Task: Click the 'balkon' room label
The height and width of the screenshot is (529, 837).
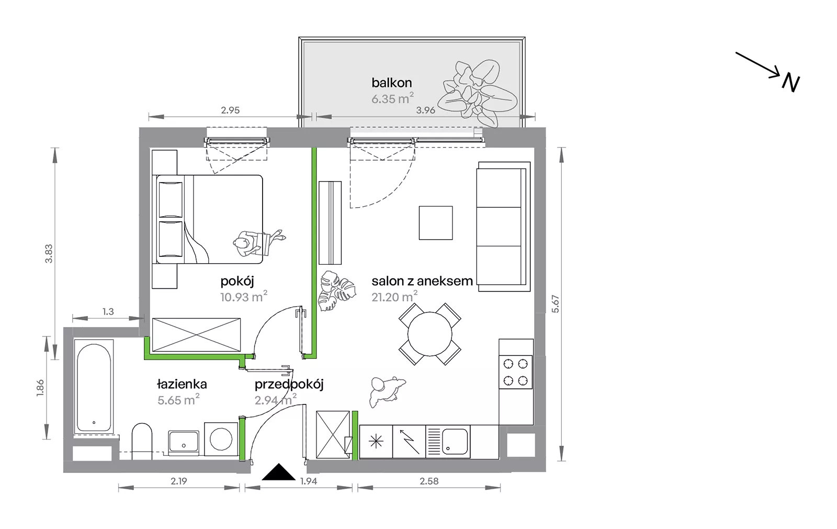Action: [x=392, y=83]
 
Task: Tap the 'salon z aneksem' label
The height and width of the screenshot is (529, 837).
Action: [x=422, y=281]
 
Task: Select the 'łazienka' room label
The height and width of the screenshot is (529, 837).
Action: [x=182, y=384]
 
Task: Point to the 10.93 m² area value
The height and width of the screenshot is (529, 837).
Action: [x=244, y=297]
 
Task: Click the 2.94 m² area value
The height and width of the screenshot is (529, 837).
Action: [x=275, y=400]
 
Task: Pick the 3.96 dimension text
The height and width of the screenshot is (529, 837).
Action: [x=426, y=110]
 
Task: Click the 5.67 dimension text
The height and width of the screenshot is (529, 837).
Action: [x=556, y=304]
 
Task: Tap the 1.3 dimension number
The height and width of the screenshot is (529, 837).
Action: [x=108, y=311]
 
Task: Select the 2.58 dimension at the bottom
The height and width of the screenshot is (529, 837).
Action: [x=429, y=481]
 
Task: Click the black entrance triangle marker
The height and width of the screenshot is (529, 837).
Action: [x=279, y=473]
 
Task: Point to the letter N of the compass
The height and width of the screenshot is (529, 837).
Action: [x=790, y=84]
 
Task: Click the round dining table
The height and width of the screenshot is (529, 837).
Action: [x=429, y=334]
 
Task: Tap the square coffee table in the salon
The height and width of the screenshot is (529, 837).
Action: [x=436, y=223]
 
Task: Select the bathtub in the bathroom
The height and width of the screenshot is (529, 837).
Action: [x=94, y=387]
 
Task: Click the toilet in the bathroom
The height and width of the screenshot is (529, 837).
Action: [x=142, y=441]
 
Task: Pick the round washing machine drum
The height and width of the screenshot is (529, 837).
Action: [x=221, y=439]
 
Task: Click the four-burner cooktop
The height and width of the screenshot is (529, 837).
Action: [x=516, y=372]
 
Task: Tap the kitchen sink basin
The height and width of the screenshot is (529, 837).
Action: [x=455, y=441]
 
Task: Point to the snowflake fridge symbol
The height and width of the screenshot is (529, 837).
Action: [x=376, y=442]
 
